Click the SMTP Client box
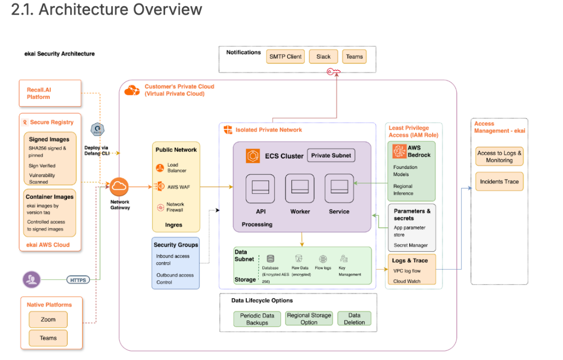coord(285,57)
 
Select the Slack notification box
coord(323,57)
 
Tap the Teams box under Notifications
coord(354,57)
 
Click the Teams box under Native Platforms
coord(48,338)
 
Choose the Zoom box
coord(48,319)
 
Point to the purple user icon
coord(32,279)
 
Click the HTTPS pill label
coord(77,280)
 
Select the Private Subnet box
coord(331,155)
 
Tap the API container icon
coord(260,188)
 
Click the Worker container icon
coord(300,188)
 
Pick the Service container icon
coord(339,188)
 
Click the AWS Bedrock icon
coord(400,151)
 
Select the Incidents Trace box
coord(499,182)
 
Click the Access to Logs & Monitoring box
coord(499,157)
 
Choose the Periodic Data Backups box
coord(257,319)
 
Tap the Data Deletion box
coord(354,318)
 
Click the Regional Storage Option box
coord(309,318)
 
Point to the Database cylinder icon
coord(270,259)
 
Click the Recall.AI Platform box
coord(50,94)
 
